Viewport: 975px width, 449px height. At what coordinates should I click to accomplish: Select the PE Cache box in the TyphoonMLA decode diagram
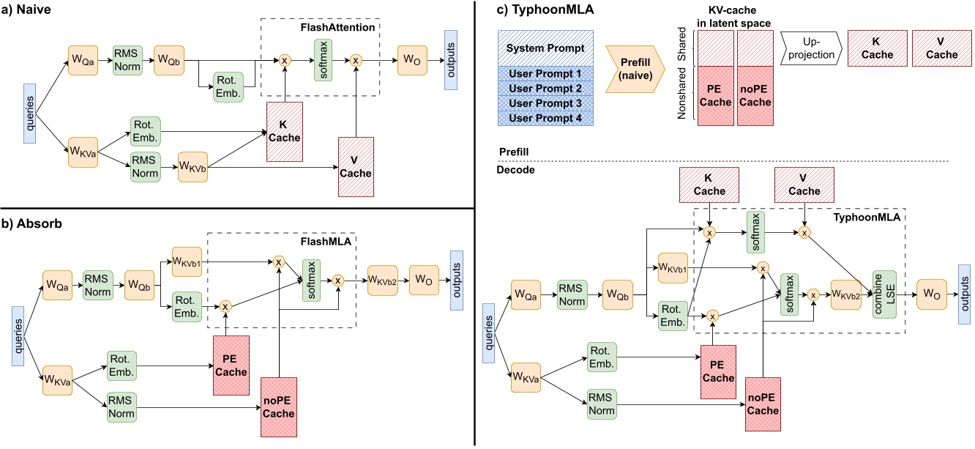[717, 371]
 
